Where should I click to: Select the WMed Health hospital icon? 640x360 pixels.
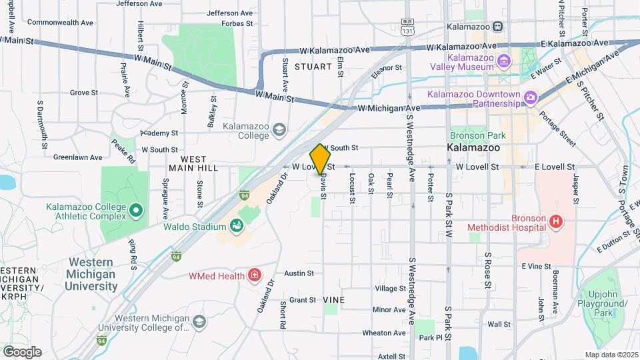click(x=253, y=275)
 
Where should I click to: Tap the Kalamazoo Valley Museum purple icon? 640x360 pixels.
click(x=504, y=62)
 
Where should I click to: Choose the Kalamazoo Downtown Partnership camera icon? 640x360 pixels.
click(x=531, y=98)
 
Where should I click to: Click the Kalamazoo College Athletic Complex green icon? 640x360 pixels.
click(x=136, y=211)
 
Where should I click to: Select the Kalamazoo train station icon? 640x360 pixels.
click(x=497, y=27)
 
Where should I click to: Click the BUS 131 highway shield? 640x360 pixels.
click(x=407, y=29)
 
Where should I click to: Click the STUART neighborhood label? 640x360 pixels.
click(x=312, y=67)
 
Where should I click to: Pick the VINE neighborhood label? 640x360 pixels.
click(x=334, y=300)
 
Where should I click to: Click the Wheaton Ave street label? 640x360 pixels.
click(x=384, y=333)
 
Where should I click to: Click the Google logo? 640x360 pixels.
click(x=22, y=352)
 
